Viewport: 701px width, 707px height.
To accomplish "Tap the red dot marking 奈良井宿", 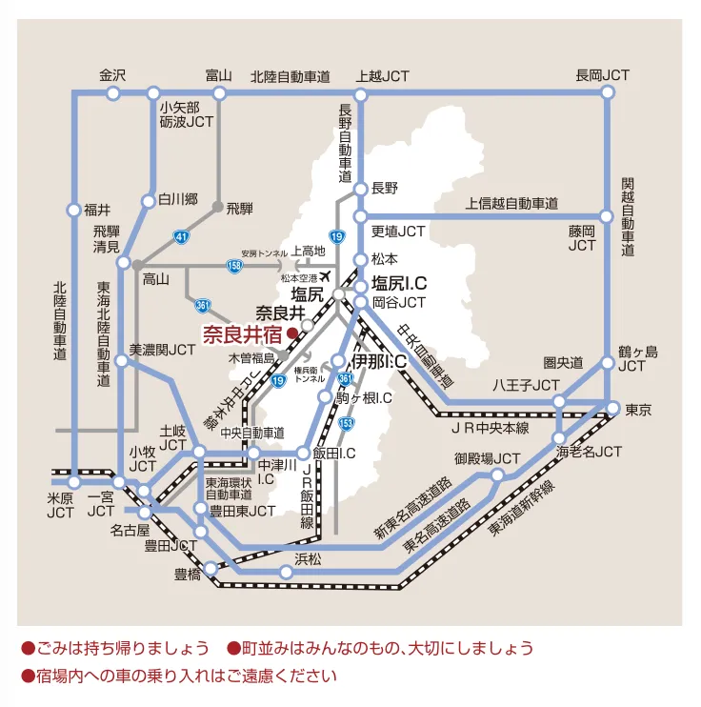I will (292, 334).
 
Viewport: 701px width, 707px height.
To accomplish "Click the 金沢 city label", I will (112, 75).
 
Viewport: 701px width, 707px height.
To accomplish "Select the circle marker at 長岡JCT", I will (608, 93).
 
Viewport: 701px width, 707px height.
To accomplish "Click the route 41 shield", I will (181, 233).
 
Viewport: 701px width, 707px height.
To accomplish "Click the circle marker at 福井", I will (74, 210).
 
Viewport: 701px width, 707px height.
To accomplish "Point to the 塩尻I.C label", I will (398, 283).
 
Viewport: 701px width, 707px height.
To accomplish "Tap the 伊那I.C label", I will (379, 362).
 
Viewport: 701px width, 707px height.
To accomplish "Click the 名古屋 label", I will (130, 529).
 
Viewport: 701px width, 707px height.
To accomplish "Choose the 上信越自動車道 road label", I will (511, 203).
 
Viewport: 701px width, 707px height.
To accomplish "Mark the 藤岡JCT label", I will (582, 238).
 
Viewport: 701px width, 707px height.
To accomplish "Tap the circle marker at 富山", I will (219, 93).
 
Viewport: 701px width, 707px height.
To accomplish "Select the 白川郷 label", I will (178, 200).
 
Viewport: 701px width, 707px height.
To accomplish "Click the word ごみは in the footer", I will (59, 648).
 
